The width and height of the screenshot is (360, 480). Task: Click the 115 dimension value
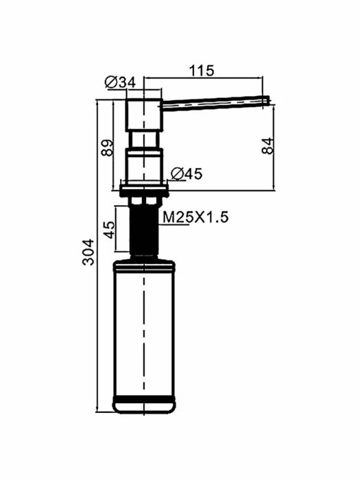click(x=202, y=71)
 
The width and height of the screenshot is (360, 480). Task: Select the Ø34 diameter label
click(x=120, y=82)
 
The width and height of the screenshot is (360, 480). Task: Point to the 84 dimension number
click(x=267, y=146)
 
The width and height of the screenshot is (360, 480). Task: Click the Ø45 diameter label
click(x=187, y=174)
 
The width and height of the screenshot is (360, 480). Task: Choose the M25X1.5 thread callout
click(x=195, y=217)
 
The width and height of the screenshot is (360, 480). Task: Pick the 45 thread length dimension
click(x=110, y=229)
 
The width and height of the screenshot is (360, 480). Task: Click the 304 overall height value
click(x=88, y=252)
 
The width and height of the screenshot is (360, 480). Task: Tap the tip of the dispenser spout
click(x=269, y=100)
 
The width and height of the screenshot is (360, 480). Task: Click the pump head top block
click(x=143, y=115)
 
